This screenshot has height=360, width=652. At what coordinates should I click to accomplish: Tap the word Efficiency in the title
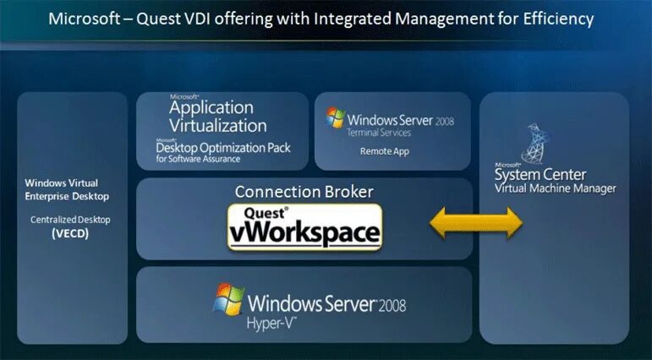(556, 18)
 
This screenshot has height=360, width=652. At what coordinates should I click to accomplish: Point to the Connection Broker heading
(304, 192)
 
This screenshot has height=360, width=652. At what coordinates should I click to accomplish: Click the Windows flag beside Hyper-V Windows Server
(229, 299)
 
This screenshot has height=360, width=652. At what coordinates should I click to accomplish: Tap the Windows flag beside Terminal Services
(336, 117)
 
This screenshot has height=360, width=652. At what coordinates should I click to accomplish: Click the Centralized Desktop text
(71, 220)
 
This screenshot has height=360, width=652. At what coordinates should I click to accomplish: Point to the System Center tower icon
(535, 143)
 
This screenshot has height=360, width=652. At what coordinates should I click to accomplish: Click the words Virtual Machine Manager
(556, 188)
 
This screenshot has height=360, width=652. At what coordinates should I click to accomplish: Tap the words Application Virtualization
(217, 117)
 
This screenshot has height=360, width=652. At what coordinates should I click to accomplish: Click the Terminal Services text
(379, 133)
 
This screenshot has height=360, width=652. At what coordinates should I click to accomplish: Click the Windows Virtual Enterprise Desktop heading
(71, 189)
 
